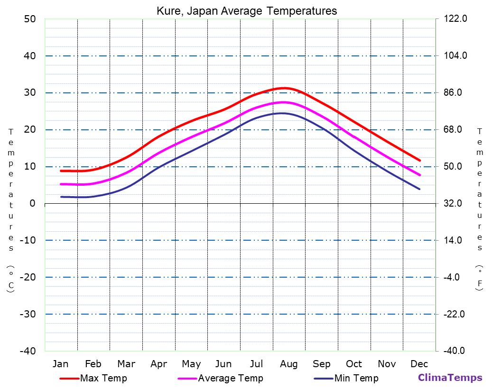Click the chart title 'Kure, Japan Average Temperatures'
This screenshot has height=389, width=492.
(x=247, y=11)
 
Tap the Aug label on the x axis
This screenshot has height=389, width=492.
(x=288, y=364)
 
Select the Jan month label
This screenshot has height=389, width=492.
(x=60, y=364)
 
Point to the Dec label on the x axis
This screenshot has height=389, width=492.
(x=419, y=364)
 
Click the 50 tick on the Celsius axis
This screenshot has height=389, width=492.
(x=29, y=19)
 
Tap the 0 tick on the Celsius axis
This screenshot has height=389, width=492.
(x=32, y=203)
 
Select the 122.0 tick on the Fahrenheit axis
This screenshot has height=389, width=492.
(x=456, y=19)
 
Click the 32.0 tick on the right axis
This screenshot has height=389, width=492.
(x=456, y=203)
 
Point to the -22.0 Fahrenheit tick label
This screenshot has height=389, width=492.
(x=456, y=314)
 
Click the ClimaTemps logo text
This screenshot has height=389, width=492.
(x=450, y=378)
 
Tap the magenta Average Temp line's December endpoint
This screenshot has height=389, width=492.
(x=420, y=175)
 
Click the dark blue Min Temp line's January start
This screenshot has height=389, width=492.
(x=61, y=197)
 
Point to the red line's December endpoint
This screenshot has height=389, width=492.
(x=420, y=161)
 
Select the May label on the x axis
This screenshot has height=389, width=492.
(x=191, y=364)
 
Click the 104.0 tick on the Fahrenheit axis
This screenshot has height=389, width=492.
(x=456, y=56)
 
